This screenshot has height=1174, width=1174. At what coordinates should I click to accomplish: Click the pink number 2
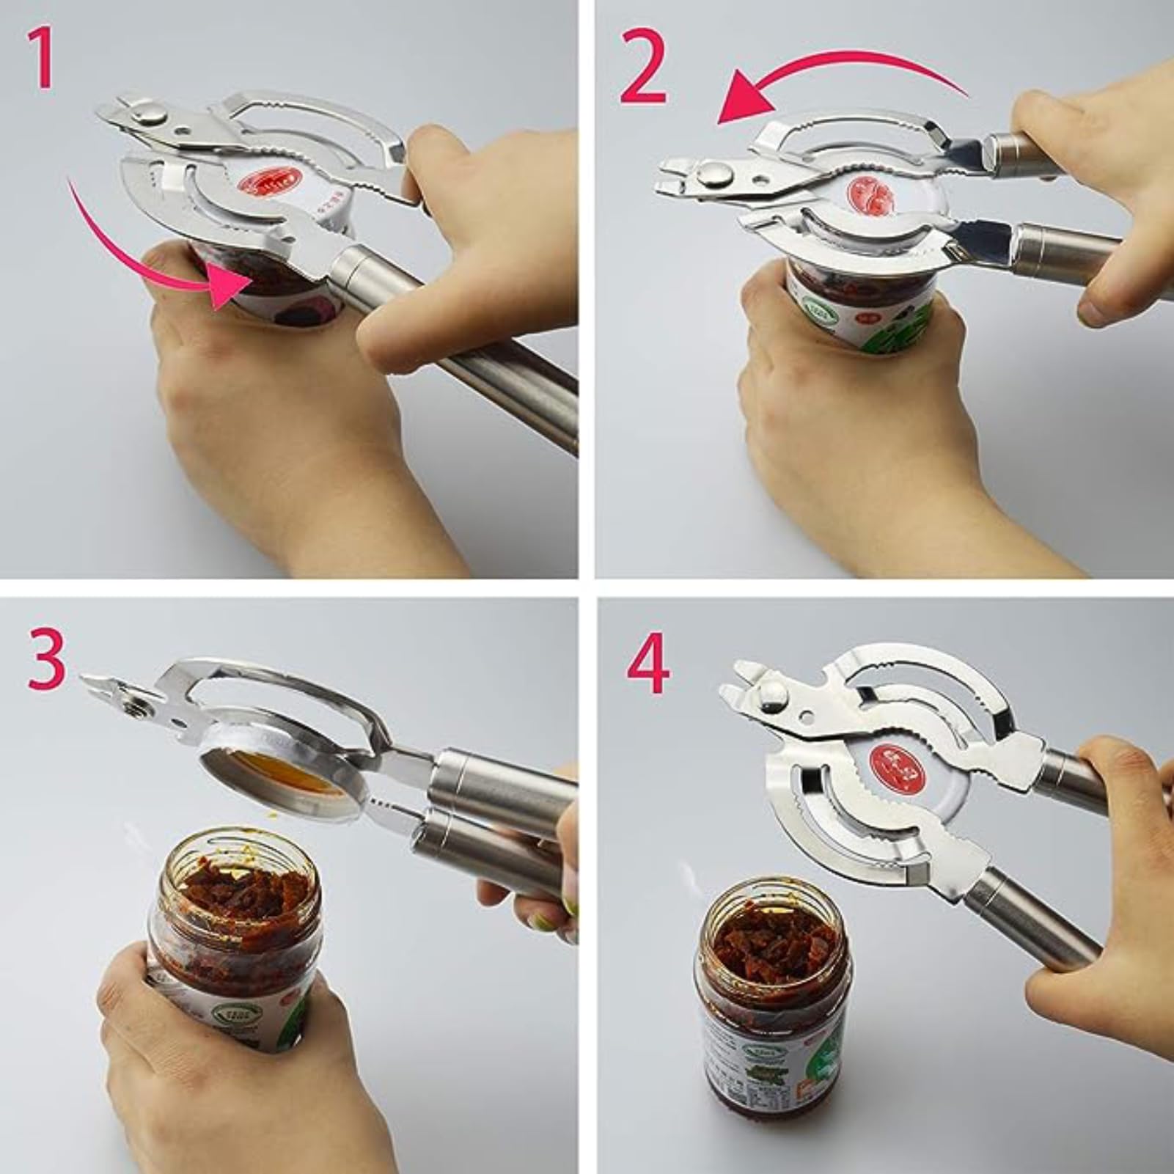[x=644, y=67]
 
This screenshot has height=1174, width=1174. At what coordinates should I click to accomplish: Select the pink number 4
[x=647, y=669]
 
